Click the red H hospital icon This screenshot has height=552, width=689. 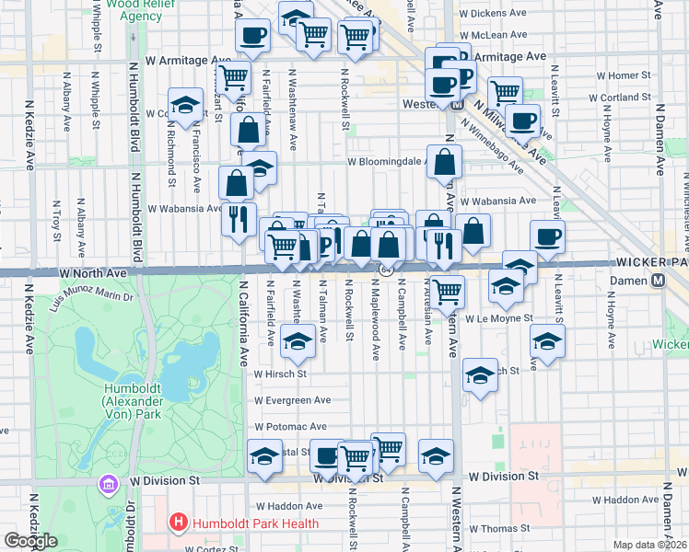click(179, 523)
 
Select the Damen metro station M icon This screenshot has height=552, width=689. click(659, 280)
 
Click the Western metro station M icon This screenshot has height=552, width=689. click(458, 104)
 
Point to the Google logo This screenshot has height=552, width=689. click(30, 541)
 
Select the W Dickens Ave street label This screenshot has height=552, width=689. click(496, 14)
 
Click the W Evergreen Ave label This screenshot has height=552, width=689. click(293, 400)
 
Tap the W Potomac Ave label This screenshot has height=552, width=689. click(291, 427)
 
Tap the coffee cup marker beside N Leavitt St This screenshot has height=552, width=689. click(547, 237)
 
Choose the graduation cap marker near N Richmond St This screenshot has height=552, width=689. click(185, 104)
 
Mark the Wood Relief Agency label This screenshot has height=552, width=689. click(129, 10)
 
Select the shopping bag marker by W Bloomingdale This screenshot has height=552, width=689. click(445, 162)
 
